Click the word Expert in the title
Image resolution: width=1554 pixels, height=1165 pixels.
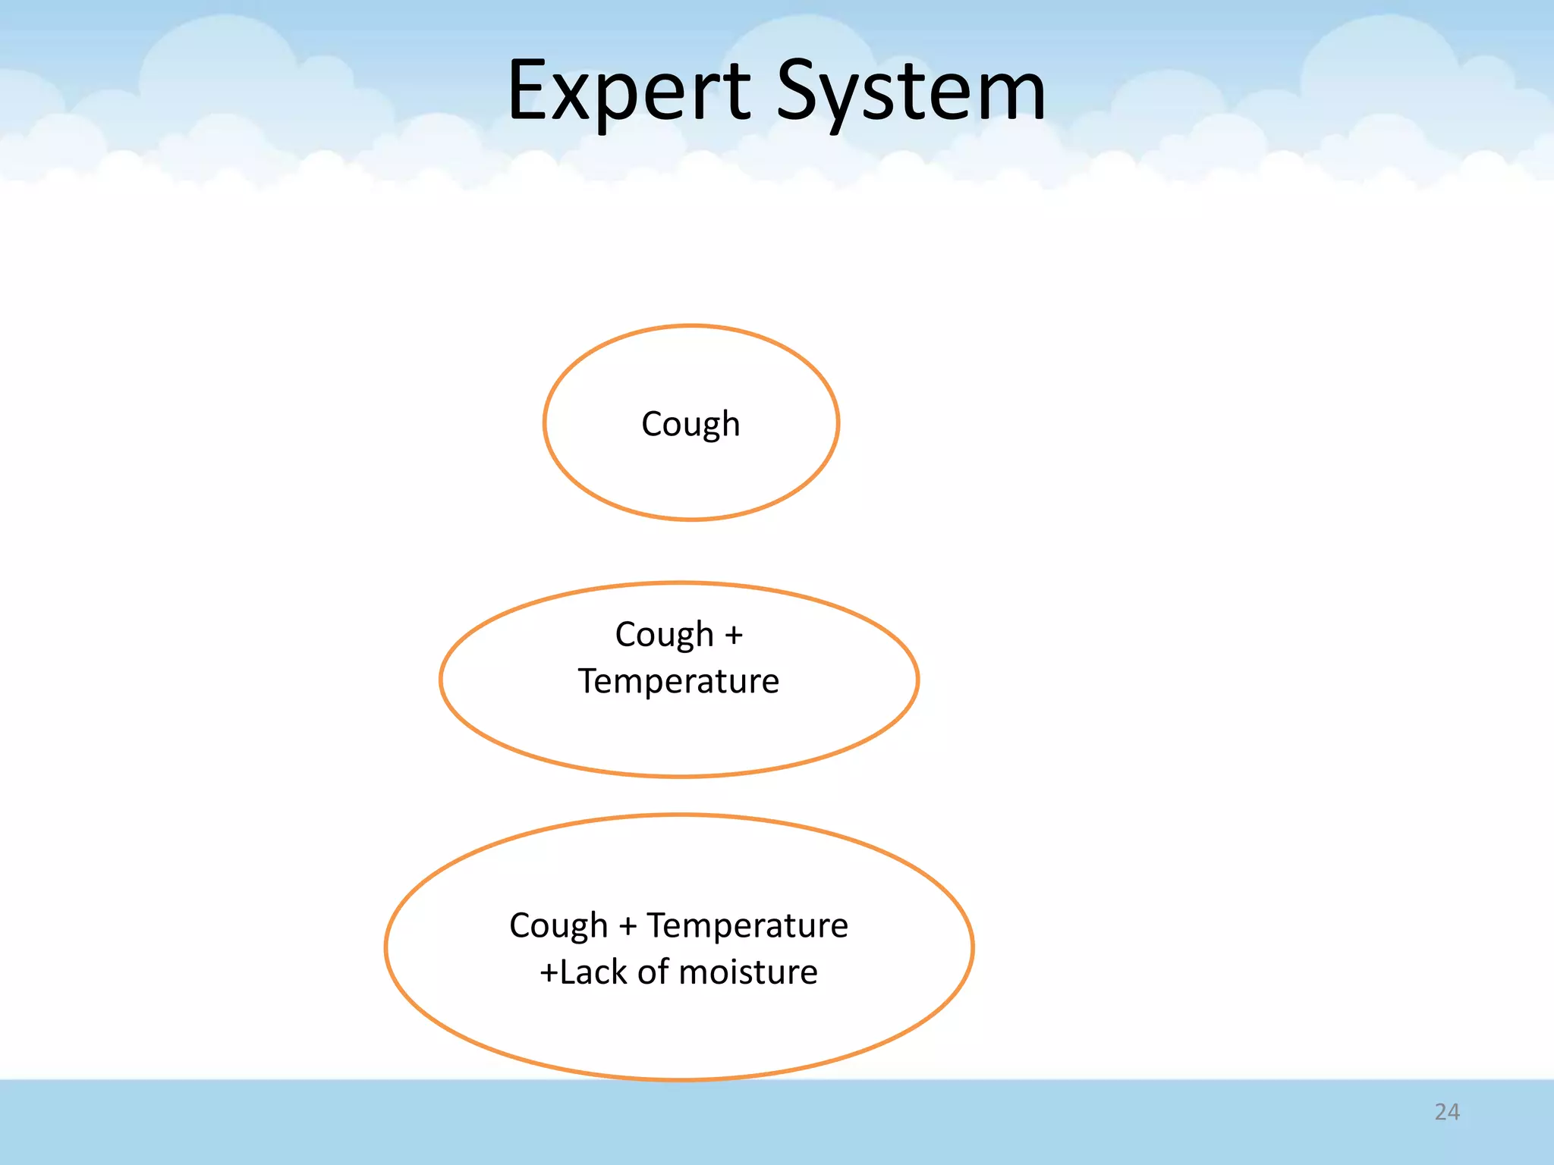pos(629,93)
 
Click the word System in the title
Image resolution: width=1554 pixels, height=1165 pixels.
pos(911,93)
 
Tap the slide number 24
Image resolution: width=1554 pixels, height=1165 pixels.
pos(1446,1112)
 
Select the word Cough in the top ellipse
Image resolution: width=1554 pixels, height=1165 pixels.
pos(690,424)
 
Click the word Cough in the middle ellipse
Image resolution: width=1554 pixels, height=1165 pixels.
pos(664,635)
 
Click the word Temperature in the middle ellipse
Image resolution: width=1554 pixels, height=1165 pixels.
pos(678,681)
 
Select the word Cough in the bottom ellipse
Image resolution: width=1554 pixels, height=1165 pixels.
pos(558,926)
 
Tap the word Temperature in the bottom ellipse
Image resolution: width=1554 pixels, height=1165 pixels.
pos(747,926)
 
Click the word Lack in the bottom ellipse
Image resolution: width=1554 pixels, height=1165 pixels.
pos(594,972)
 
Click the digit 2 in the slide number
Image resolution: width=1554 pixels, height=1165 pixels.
pos(1440,1112)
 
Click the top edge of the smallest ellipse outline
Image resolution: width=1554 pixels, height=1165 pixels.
pos(691,326)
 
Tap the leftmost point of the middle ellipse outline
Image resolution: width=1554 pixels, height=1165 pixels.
pos(441,680)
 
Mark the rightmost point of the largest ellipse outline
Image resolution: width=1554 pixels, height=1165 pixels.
pos(973,947)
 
